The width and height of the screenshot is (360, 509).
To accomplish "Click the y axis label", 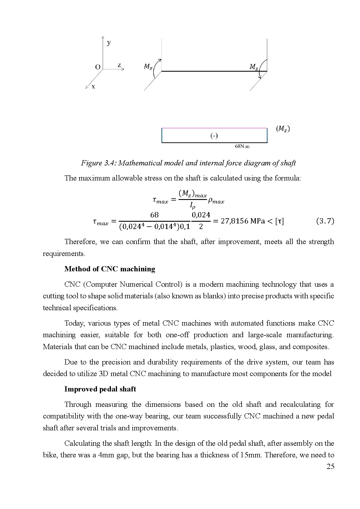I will click(109, 43).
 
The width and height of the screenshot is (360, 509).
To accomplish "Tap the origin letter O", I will click(98, 67).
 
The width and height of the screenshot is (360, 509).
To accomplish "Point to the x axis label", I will click(93, 86).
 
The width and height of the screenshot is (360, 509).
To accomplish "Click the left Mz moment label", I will click(148, 66).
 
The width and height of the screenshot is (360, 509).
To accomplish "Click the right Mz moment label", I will click(254, 67).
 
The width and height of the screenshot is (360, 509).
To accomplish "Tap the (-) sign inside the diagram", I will click(214, 136).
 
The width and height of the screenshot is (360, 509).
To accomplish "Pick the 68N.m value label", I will click(242, 146).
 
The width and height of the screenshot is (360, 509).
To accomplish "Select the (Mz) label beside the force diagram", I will click(282, 129).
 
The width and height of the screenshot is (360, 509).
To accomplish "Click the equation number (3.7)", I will click(325, 221).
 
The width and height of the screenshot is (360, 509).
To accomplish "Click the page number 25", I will click(330, 466).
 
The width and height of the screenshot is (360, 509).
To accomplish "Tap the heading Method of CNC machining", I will click(110, 269).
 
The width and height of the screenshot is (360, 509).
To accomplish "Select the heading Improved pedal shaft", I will click(100, 389).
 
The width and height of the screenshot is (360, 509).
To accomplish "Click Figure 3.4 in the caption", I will click(98, 163).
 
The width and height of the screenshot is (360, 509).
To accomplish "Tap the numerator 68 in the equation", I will click(154, 215).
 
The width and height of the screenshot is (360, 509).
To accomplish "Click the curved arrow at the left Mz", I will click(156, 68).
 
